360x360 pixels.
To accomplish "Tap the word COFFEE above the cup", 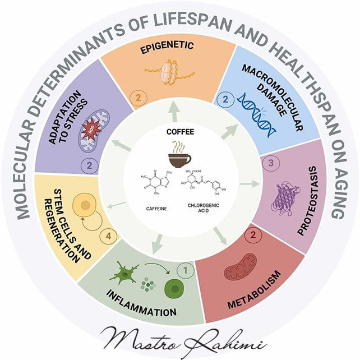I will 179,132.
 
